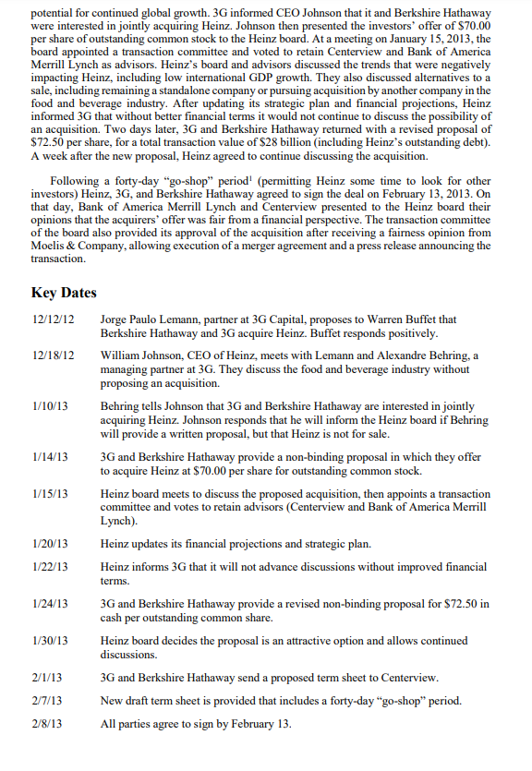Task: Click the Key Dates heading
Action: click(x=64, y=293)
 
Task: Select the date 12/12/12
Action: click(x=53, y=319)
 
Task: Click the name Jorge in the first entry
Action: click(x=115, y=319)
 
